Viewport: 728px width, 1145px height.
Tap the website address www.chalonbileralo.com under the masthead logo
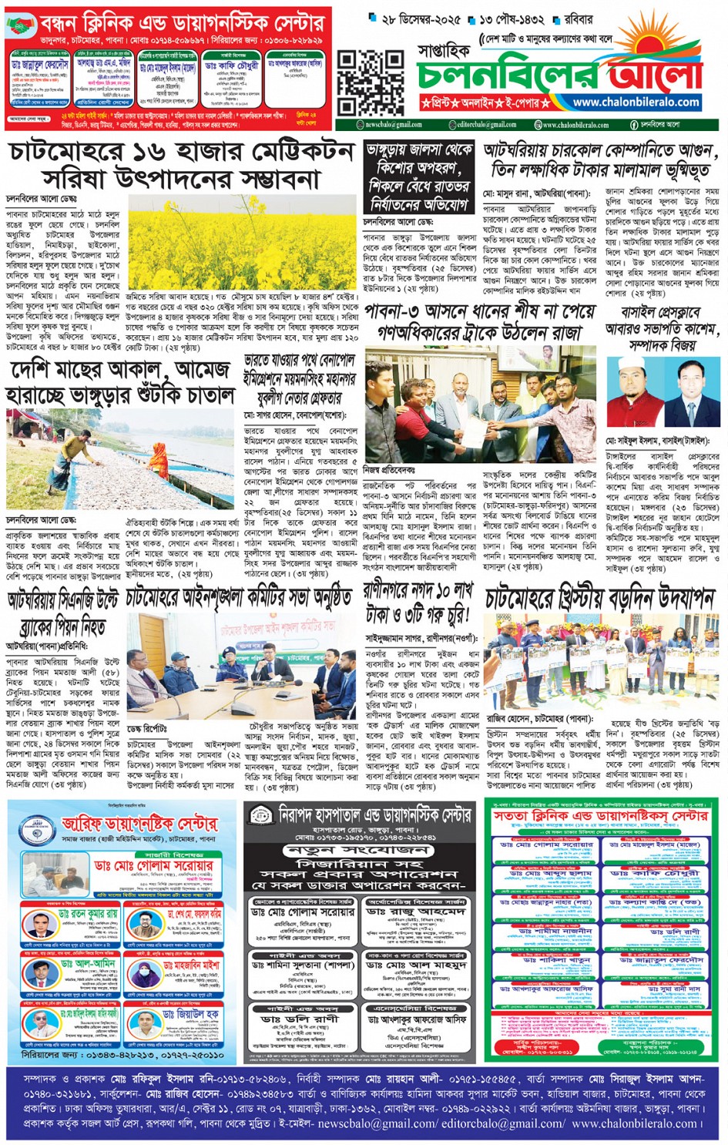(x=636, y=102)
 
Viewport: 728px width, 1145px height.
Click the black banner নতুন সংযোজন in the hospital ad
(x=361, y=850)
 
